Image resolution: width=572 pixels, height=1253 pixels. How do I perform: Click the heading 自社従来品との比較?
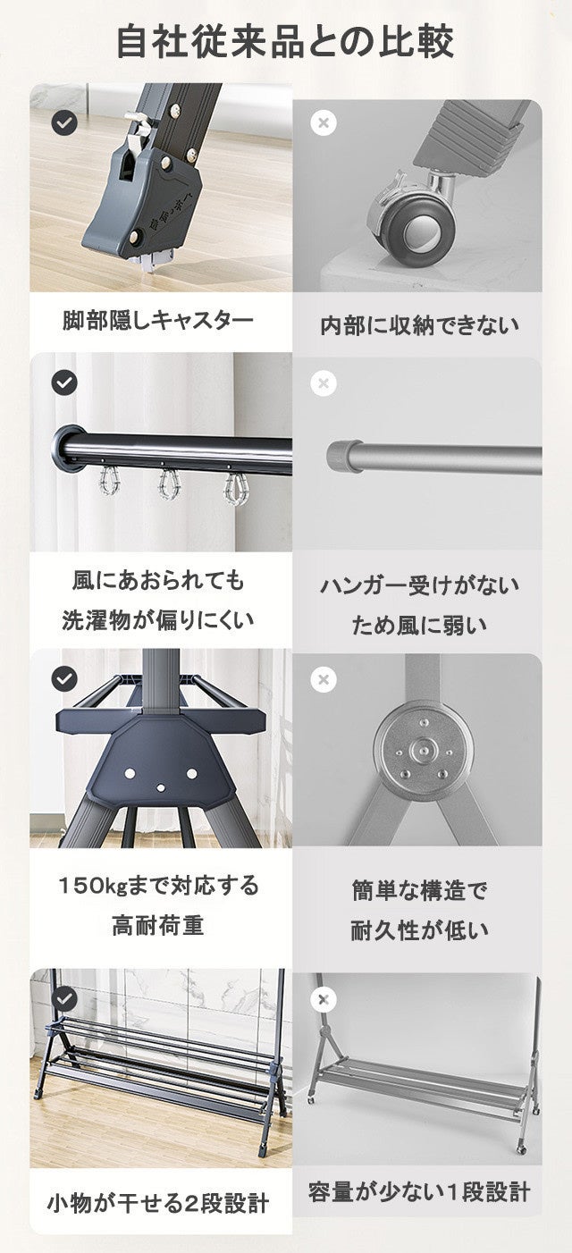[285, 41]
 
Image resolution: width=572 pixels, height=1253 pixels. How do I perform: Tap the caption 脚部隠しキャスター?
[157, 321]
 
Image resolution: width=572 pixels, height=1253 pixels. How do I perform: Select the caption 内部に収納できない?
[419, 325]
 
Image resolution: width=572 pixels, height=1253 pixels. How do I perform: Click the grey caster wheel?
[412, 223]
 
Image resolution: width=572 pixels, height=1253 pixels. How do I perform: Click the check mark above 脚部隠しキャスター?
[64, 122]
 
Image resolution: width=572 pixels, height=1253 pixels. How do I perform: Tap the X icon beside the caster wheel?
[324, 122]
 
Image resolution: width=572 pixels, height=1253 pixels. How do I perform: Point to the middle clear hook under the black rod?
[169, 484]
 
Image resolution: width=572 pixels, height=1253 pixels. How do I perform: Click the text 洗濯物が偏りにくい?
[157, 620]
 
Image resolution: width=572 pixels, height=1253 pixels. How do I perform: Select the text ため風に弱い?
[419, 625]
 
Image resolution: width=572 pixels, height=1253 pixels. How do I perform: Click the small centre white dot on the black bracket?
[161, 788]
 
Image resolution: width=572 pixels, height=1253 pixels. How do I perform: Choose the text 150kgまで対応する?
[159, 886]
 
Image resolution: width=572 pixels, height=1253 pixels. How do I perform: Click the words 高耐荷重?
[158, 926]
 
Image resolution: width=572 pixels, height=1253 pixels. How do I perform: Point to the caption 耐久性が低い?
[419, 930]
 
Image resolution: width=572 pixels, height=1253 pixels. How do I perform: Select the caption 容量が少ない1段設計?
[419, 1192]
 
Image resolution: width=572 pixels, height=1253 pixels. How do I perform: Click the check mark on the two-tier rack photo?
[64, 998]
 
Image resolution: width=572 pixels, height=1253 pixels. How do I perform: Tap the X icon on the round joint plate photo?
[324, 679]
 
